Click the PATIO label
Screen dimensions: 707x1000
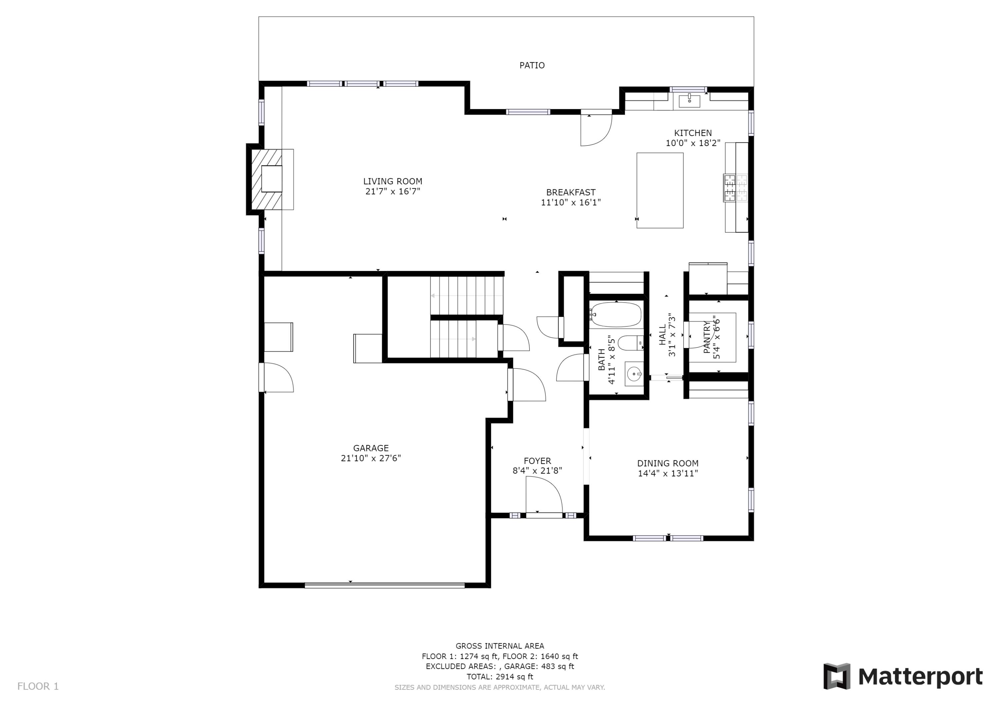[x=532, y=65]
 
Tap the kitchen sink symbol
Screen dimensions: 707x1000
[x=689, y=101]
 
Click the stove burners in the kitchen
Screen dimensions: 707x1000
[x=735, y=188]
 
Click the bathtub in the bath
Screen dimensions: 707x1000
[x=616, y=315]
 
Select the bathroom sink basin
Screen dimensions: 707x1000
[x=634, y=374]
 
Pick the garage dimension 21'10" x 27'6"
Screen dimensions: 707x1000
[x=371, y=458]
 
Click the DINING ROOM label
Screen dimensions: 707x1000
[x=667, y=463]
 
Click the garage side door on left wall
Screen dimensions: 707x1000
[x=277, y=378]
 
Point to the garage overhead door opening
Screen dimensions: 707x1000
[x=385, y=585]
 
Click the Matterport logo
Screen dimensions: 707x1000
[x=902, y=677]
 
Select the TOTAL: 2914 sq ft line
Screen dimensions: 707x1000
[x=500, y=677]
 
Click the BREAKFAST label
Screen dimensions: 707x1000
[x=571, y=192]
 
